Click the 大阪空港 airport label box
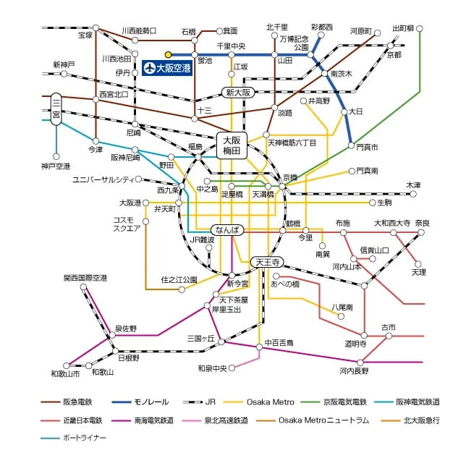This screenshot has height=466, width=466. coord(167,68)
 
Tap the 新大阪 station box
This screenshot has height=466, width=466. coord(237,93)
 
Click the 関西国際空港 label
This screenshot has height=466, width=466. coord(85,278)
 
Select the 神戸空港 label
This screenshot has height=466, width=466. coord(56,166)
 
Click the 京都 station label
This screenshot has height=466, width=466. coord(394,55)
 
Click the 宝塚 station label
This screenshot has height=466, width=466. coord(85,35)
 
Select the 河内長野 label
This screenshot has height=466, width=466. coord(354,371)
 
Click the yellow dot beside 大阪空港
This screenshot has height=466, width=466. coord(168,54)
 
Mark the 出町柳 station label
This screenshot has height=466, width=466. coord(403,29)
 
